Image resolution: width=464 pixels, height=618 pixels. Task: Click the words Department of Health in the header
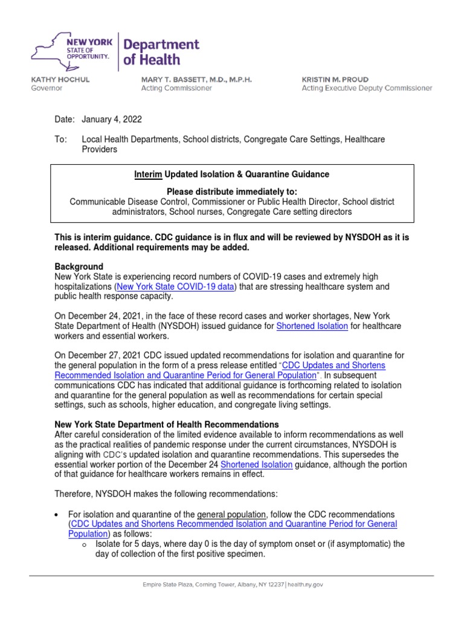point(161,52)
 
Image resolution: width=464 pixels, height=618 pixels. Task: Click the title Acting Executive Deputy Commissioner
point(367,88)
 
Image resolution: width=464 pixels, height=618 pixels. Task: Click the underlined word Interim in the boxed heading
point(147,174)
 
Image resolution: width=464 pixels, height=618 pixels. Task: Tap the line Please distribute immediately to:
point(232,191)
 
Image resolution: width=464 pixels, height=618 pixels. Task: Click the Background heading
point(79,266)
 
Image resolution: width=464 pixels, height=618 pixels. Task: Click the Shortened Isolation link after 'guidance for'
point(312,326)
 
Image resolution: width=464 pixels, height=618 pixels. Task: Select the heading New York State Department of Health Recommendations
point(167,424)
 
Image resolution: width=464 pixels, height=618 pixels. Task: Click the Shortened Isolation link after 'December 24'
point(257,464)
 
